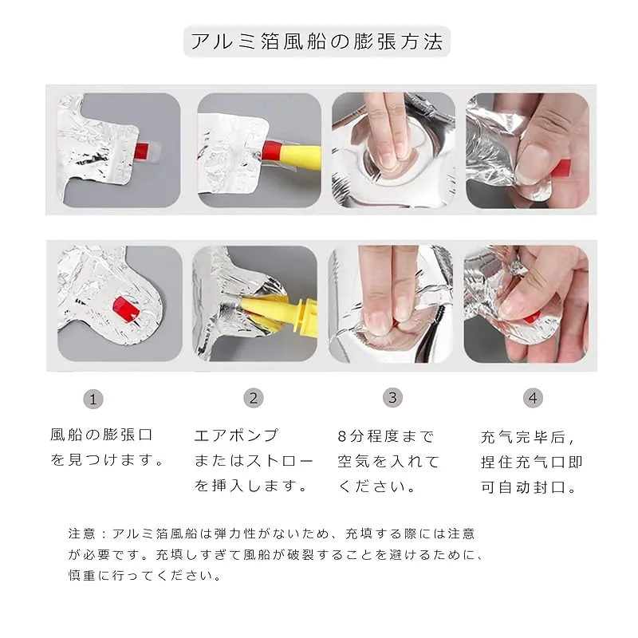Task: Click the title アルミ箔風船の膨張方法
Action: pos(317,41)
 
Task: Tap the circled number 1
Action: pos(93,399)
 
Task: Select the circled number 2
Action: pos(254,398)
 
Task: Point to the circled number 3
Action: pos(392,397)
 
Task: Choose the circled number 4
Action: pos(533,397)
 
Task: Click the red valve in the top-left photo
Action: pos(141,151)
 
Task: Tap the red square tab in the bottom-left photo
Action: pos(126,309)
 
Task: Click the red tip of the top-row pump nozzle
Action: pos(272,150)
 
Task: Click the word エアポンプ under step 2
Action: pos(236,435)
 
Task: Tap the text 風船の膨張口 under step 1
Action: pos(101,435)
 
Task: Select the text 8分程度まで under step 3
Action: pos(386,436)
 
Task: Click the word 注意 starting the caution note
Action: pos(82,534)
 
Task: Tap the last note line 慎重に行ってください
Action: pos(145,575)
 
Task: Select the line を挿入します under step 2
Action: pos(250,486)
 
